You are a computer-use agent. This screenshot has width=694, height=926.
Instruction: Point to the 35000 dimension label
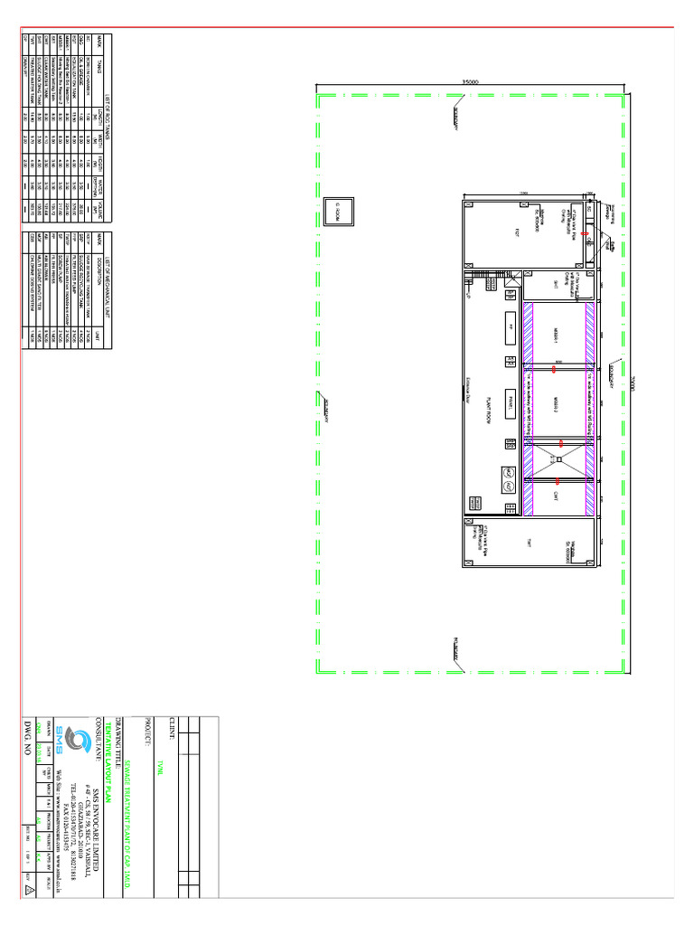pos(470,82)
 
